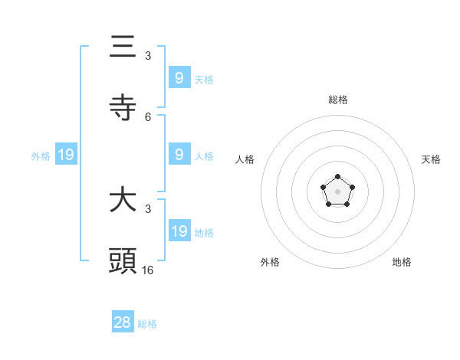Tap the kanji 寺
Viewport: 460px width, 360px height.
click(123, 108)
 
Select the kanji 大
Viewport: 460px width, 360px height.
click(123, 201)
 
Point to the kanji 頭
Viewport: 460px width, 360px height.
click(123, 261)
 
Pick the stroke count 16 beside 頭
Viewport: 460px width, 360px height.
click(148, 270)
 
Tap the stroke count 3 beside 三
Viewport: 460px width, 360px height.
click(148, 56)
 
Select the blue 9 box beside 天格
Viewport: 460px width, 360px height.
click(179, 78)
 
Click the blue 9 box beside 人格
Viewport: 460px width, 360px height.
click(179, 155)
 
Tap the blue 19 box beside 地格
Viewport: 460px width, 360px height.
click(179, 231)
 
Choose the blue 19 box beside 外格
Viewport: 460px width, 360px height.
click(65, 155)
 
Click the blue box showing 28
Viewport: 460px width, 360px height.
click(123, 322)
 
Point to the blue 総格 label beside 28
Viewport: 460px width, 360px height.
click(147, 324)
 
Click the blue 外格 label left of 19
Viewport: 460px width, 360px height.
click(41, 156)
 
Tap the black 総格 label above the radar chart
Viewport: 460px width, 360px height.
click(338, 100)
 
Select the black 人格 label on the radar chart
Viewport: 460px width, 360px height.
click(245, 159)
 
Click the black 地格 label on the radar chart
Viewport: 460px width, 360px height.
click(402, 262)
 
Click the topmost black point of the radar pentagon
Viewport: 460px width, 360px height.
click(337, 177)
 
